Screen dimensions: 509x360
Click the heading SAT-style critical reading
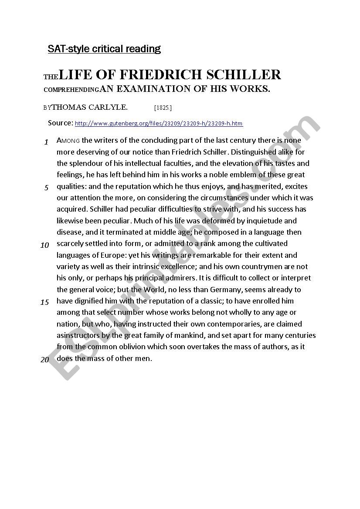coord(104,49)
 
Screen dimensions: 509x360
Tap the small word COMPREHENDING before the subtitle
coord(71,90)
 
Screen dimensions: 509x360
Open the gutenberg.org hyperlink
coord(159,124)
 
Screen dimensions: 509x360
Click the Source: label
coord(61,123)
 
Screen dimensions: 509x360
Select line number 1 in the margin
coord(46,142)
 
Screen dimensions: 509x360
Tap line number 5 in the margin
coord(46,188)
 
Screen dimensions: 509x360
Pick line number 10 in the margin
coord(45,245)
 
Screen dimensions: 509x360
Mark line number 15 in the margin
coord(45,302)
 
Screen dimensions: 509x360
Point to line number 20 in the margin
coord(45,360)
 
